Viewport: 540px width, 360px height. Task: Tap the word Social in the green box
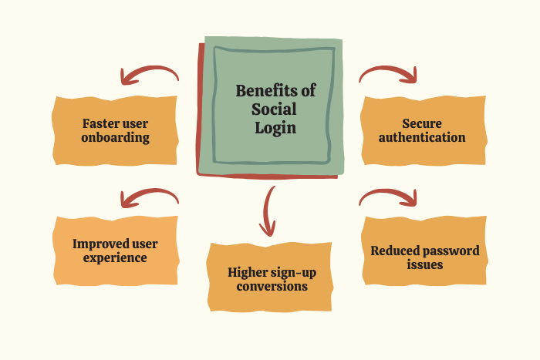coord(275,109)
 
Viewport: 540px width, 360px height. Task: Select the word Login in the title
coord(275,127)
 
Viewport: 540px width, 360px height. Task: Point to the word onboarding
coord(116,138)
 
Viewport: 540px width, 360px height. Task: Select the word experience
coord(116,258)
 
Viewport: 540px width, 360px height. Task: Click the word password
coord(452,251)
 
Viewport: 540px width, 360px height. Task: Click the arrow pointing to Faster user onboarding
coord(147,74)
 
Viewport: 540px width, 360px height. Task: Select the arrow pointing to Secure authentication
coord(390,73)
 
